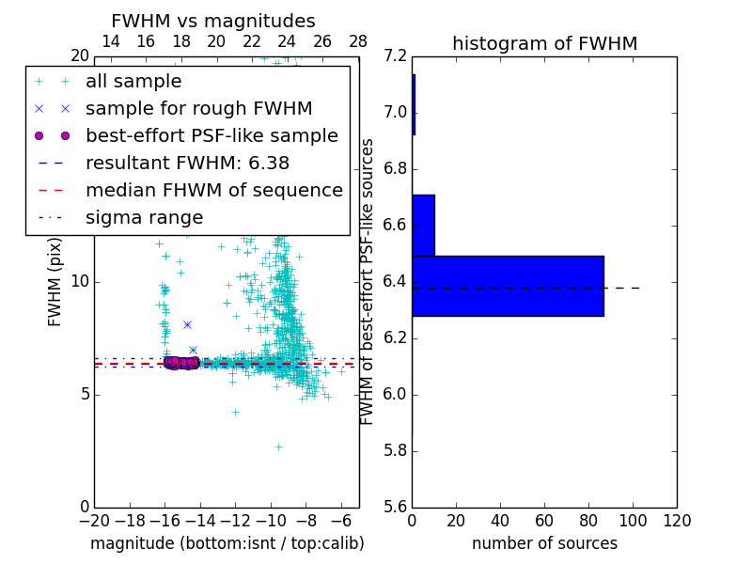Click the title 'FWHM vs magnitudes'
point(213,21)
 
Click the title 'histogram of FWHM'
point(544,43)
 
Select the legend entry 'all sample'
point(133,82)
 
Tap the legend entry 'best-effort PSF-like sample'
point(211,135)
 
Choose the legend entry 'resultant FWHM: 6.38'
point(187,163)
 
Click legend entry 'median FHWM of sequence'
point(213,190)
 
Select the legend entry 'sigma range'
point(144,217)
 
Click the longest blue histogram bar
point(508,286)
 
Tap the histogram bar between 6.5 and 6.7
point(423,225)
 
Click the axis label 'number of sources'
point(544,543)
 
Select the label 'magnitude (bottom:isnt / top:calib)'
point(227,543)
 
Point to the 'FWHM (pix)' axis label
point(55,281)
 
